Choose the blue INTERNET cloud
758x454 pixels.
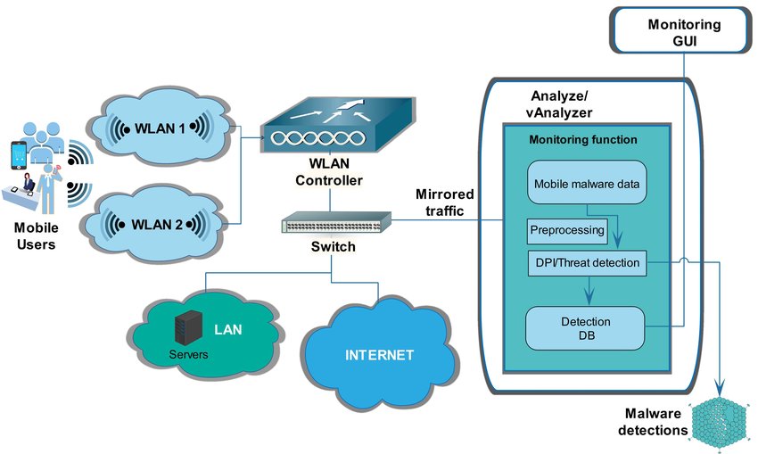pos(379,354)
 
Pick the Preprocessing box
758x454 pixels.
pos(567,230)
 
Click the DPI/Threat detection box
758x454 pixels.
pos(586,262)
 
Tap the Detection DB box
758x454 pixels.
pos(585,327)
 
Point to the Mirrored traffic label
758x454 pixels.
pos(445,202)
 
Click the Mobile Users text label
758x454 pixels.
pos(36,235)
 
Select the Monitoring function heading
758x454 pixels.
pos(583,140)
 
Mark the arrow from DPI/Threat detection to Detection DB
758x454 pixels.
pos(587,290)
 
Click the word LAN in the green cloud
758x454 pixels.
pos(227,329)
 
